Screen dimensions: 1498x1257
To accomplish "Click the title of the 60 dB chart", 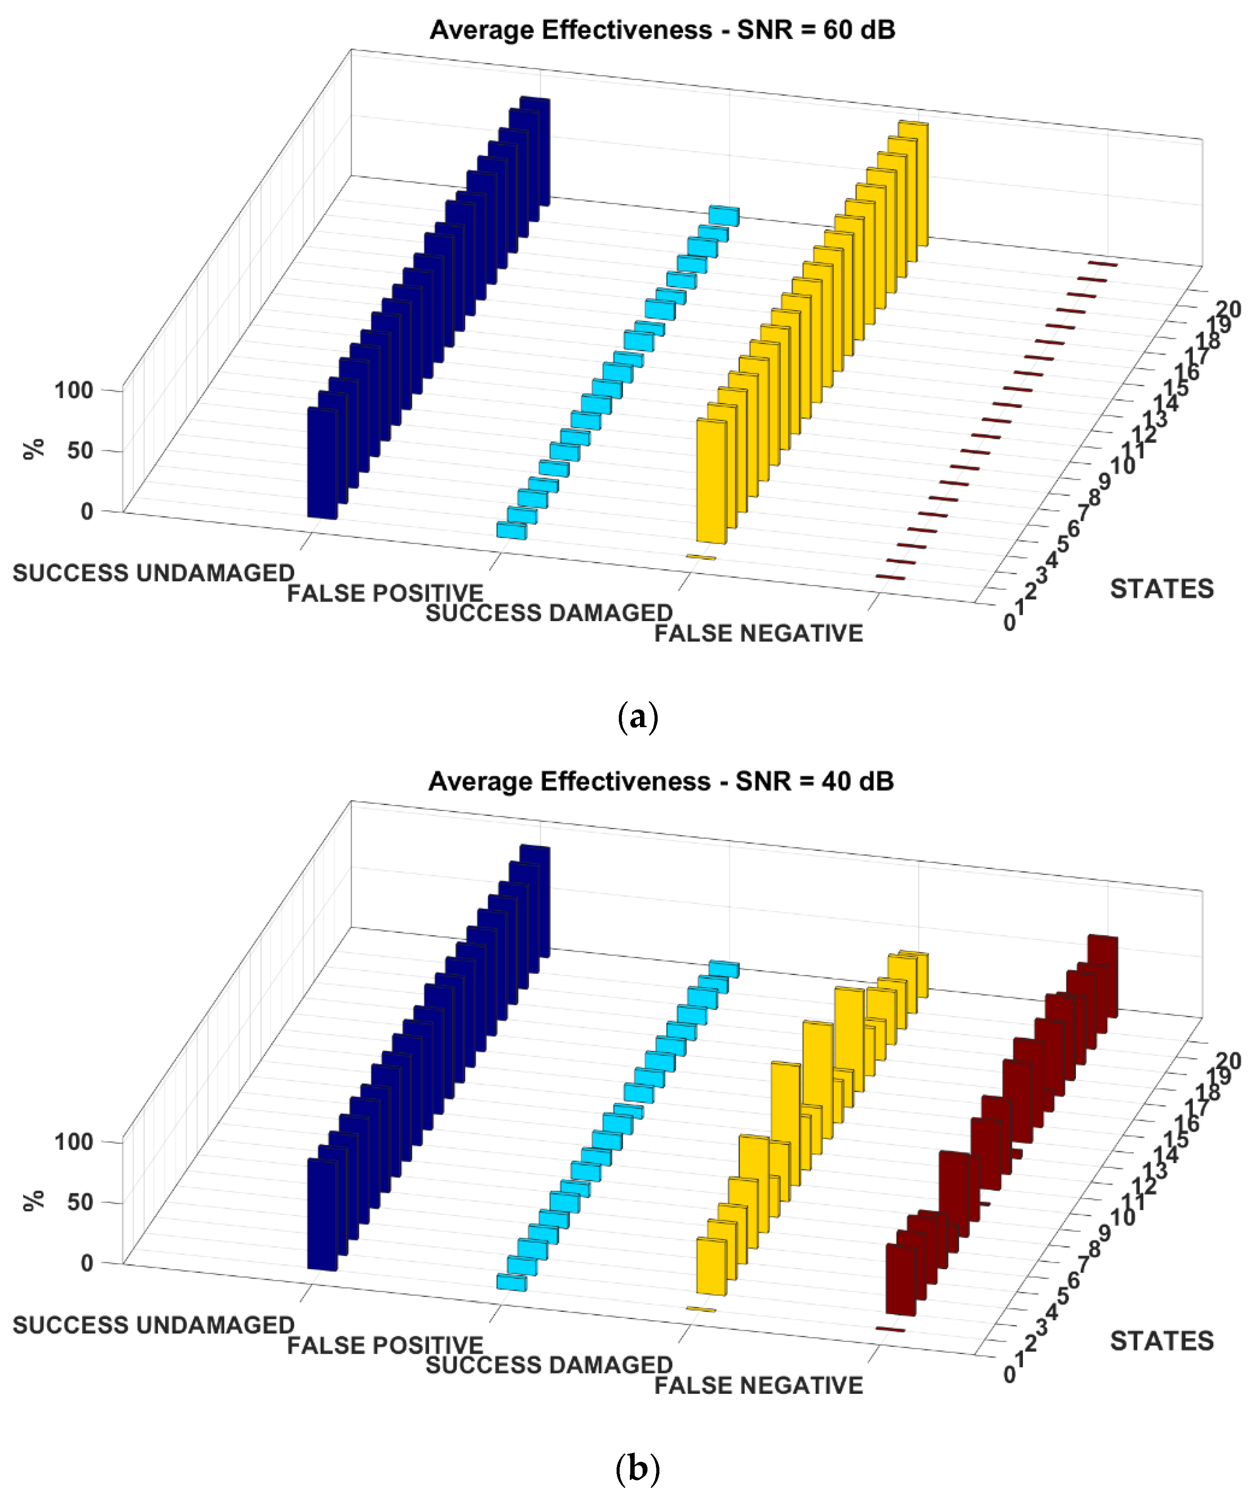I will pyautogui.click(x=662, y=30).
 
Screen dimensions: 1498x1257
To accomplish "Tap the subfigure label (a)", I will pyautogui.click(x=637, y=717).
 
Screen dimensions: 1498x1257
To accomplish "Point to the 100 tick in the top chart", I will pyautogui.click(x=74, y=390).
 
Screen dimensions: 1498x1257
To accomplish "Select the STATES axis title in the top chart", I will pyautogui.click(x=1162, y=589).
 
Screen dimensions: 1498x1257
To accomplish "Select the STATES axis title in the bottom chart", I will pyautogui.click(x=1162, y=1341).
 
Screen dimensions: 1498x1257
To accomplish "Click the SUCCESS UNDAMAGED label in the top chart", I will pyautogui.click(x=153, y=573).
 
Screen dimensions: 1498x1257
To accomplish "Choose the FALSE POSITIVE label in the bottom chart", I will pyautogui.click(x=385, y=1345).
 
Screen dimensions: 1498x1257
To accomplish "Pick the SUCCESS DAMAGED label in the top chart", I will pyautogui.click(x=549, y=613).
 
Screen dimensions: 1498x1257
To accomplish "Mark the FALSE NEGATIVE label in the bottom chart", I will pyautogui.click(x=758, y=1385).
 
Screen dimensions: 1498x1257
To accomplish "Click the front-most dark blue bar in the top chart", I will pyautogui.click(x=322, y=464).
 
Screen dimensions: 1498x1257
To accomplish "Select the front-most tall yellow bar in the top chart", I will pyautogui.click(x=711, y=482).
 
